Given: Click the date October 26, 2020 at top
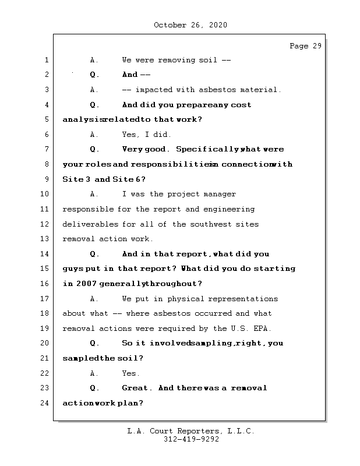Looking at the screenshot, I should pyautogui.click(x=190, y=25).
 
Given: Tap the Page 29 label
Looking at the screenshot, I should pyautogui.click(x=305, y=46).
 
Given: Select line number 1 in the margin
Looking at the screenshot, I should pyautogui.click(x=46, y=60).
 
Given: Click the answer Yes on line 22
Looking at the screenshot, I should pyautogui.click(x=130, y=373).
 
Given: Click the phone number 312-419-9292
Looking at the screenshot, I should pyautogui.click(x=191, y=440).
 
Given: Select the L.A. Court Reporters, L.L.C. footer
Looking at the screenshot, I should pyautogui.click(x=191, y=432).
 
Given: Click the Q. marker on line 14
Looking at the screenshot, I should pyautogui.click(x=95, y=254).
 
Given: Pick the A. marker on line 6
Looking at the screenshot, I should pyautogui.click(x=95, y=135).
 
